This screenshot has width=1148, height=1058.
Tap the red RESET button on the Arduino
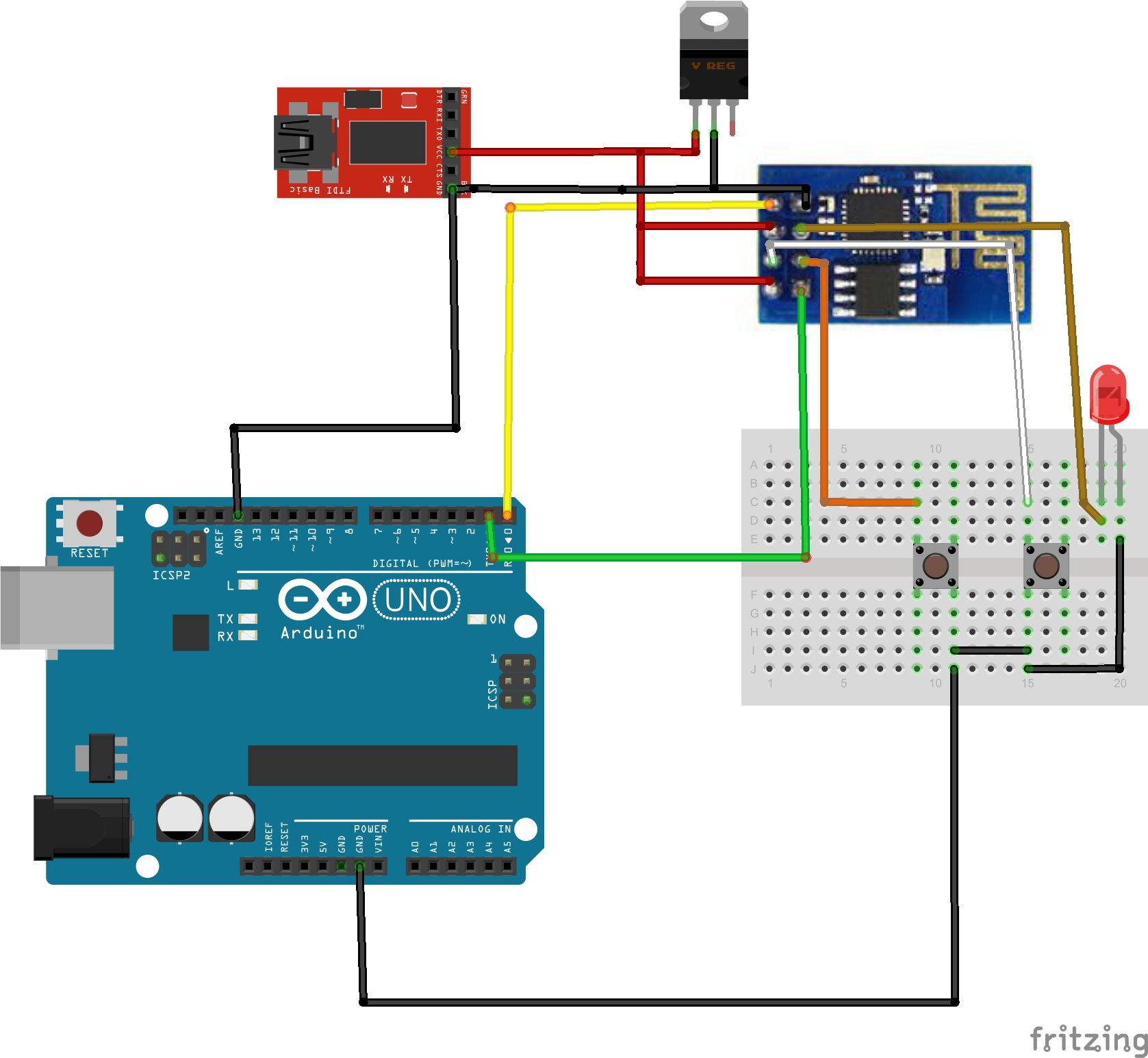coord(90,523)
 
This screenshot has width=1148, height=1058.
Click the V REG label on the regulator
coord(713,66)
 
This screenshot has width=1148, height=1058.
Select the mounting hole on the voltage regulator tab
coord(714,21)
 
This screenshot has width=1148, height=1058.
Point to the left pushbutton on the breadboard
coord(935,566)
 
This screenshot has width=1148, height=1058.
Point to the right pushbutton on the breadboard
coord(1046,566)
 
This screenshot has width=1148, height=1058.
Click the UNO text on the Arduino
coord(418,601)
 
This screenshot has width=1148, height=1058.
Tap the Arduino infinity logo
coord(322,600)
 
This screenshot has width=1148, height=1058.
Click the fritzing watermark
coord(1088,1039)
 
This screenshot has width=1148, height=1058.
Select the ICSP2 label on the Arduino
coord(171,575)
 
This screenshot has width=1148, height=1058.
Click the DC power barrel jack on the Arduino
coord(82,827)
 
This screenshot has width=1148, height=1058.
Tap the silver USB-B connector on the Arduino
coord(58,607)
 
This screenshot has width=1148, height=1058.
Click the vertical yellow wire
coord(509,356)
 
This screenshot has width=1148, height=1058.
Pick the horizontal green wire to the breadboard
coord(650,557)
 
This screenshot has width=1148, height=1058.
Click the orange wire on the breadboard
coord(869,503)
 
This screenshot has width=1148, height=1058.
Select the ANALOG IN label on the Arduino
coord(481,829)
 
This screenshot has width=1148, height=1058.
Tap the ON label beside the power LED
coord(498,619)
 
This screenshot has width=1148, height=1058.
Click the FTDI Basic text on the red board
coord(320,190)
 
